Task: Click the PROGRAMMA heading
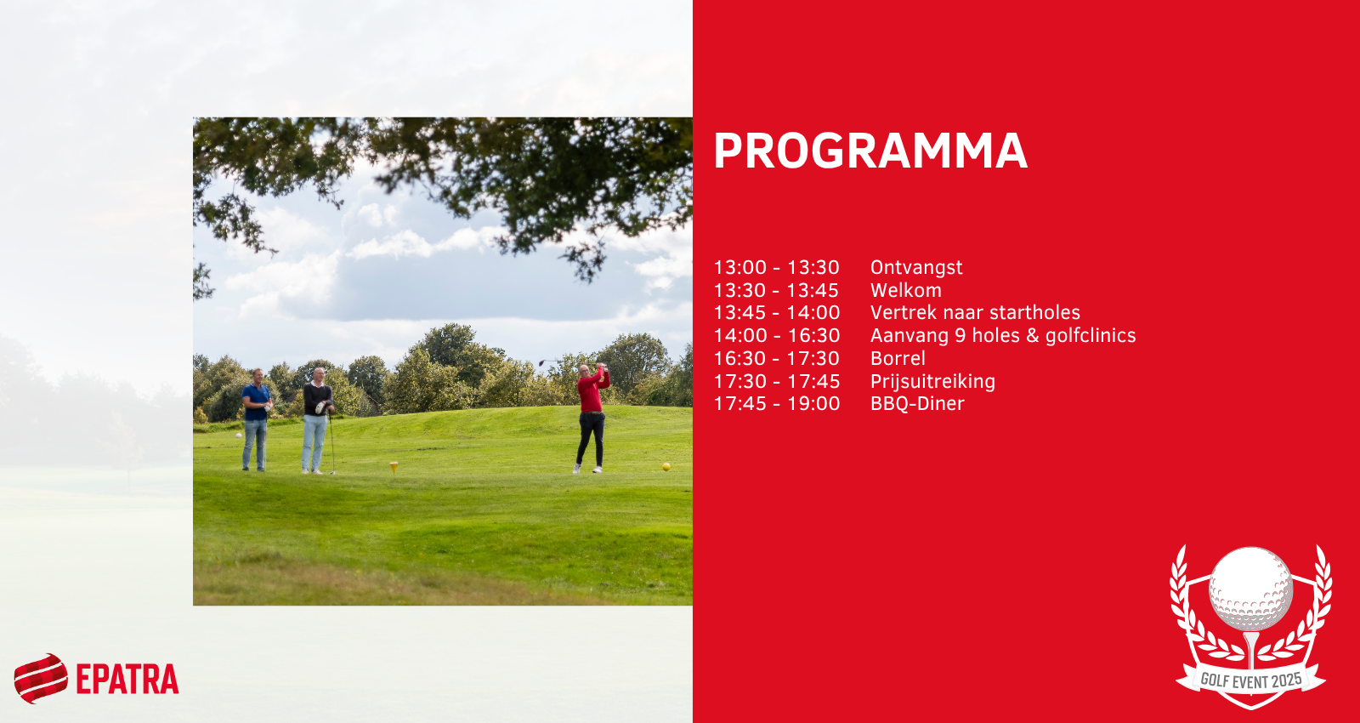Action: point(870,151)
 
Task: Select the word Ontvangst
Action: point(916,267)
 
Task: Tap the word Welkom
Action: point(906,290)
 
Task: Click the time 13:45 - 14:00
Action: point(777,312)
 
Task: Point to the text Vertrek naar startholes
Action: point(975,312)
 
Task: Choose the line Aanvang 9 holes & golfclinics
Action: point(1003,335)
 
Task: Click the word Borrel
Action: point(898,358)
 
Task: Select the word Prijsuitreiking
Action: point(932,382)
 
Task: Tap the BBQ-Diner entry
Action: point(917,403)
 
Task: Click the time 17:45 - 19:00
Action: point(777,403)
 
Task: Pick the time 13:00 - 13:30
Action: point(777,267)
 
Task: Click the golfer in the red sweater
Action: point(592,418)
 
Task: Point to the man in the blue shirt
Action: point(257,419)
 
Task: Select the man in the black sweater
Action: point(317,420)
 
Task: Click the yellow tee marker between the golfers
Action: point(394,467)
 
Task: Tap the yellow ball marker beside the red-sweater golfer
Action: point(666,467)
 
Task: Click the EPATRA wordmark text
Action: point(127,680)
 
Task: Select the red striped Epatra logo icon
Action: point(41,678)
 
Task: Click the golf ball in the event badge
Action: point(1250,588)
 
